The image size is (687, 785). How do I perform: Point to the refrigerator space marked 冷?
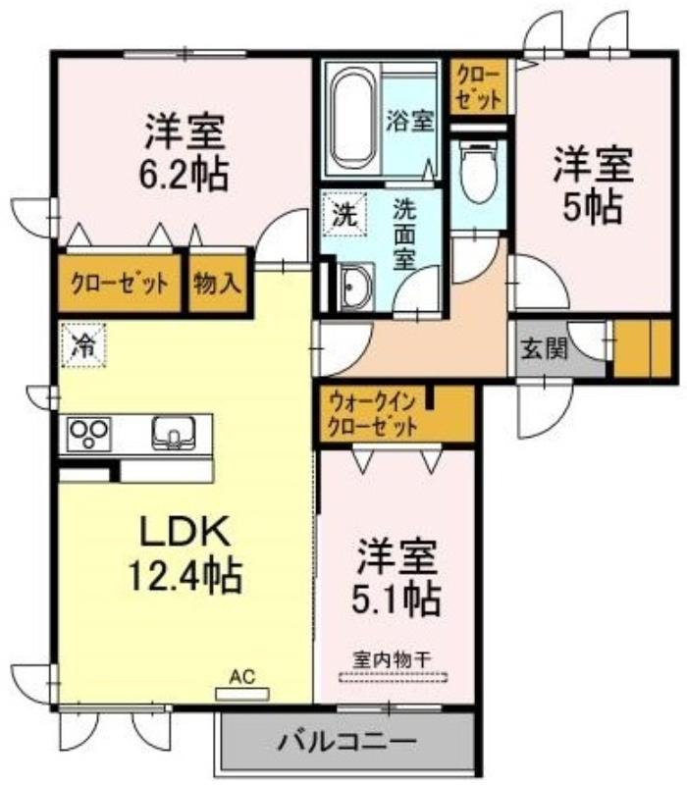click(83, 345)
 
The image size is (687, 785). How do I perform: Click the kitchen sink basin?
click(174, 432)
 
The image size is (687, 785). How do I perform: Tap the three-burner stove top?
click(88, 433)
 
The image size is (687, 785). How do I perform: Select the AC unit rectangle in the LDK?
click(241, 694)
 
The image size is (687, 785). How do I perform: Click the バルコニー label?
click(346, 741)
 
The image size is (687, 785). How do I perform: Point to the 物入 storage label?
click(218, 284)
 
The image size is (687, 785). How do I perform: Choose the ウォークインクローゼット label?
click(373, 414)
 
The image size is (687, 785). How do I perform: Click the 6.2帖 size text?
click(184, 174)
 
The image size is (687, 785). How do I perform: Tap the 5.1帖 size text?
click(396, 598)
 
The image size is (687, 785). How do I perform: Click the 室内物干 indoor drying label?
click(392, 659)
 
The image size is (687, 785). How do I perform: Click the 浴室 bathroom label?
click(409, 120)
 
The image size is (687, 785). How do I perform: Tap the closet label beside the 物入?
click(119, 284)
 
